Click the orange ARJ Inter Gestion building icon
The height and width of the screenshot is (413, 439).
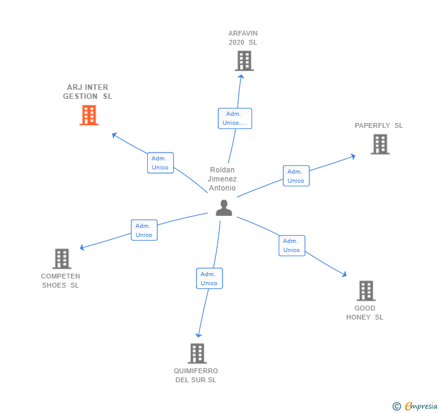pos(89,115)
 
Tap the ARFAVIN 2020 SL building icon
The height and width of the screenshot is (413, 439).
pos(244,61)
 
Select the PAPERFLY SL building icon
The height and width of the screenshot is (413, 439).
pos(380,144)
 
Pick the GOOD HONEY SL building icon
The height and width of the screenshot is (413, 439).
pos(365,291)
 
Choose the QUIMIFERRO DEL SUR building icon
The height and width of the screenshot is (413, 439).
pos(197,353)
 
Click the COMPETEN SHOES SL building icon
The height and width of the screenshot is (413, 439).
pos(62,259)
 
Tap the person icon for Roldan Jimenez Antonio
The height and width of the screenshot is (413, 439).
pos(224,207)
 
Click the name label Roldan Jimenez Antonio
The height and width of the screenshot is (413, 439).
pos(223,179)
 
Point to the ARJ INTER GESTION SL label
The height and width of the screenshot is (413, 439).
pos(87,92)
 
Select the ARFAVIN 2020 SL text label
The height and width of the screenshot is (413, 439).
pos(243,37)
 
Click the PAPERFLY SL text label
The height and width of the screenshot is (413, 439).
pos(379,125)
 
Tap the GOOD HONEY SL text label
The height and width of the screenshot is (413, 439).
pos(365,312)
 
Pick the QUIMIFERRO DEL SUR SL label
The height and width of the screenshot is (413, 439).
pos(196,375)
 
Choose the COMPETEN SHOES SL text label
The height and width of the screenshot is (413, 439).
pos(60,281)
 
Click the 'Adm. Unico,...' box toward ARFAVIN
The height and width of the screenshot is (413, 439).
pos(235,118)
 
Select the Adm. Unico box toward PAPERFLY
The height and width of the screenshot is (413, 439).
pos(296,176)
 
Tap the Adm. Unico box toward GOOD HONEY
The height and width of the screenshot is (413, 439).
pos(292,245)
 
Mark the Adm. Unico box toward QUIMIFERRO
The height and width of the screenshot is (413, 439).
pos(209,279)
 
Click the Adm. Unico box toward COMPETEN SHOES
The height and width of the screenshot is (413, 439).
pos(144,230)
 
